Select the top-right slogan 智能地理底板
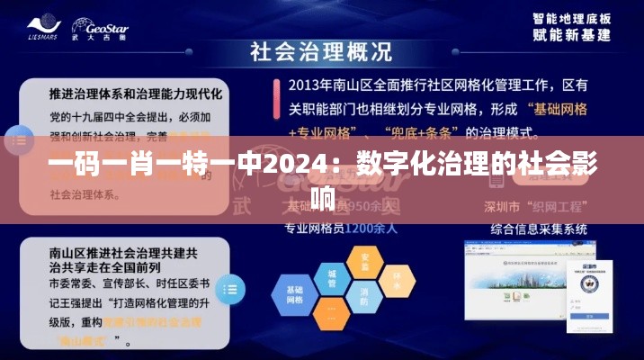click(572, 18)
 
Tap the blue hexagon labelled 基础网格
click(296, 294)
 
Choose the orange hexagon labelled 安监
click(364, 259)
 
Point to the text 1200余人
click(371, 228)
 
